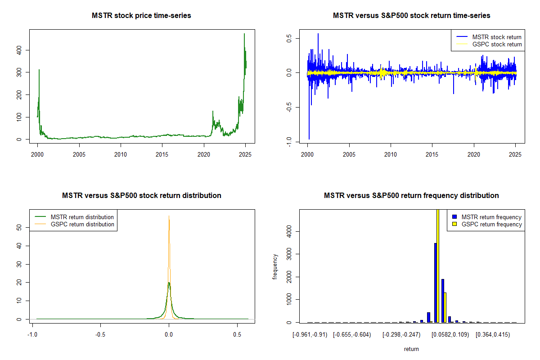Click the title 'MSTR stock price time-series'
coord(141,16)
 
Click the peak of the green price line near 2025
coord(244,34)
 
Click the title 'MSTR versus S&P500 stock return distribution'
coord(141,196)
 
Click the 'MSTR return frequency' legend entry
coord(488,217)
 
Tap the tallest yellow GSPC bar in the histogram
coord(438,265)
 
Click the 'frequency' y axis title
coord(275,266)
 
